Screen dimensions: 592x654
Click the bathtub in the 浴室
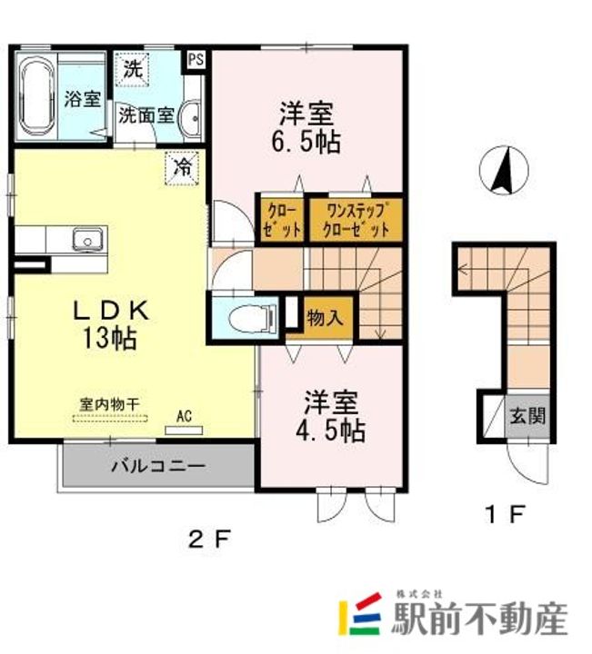(37, 97)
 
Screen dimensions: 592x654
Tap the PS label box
(196, 60)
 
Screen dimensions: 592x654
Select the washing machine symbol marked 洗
(133, 70)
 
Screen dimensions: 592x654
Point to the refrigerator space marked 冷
(182, 168)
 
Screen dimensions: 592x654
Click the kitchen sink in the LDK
(87, 240)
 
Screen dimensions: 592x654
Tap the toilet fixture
(253, 319)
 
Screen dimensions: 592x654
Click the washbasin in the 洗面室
(190, 118)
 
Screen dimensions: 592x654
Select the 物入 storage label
(325, 318)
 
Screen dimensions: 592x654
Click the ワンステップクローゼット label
(356, 220)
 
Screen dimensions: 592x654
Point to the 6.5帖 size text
(306, 143)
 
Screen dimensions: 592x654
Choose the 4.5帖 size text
(331, 430)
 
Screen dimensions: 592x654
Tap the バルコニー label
(158, 466)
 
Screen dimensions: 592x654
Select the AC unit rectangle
(184, 431)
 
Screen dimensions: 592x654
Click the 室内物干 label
(109, 404)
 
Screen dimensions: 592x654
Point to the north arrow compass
(504, 170)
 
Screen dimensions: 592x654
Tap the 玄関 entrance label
(527, 416)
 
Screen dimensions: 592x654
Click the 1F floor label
(505, 514)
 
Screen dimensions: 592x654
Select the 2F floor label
(209, 540)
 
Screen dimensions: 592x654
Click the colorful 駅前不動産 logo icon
(360, 613)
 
